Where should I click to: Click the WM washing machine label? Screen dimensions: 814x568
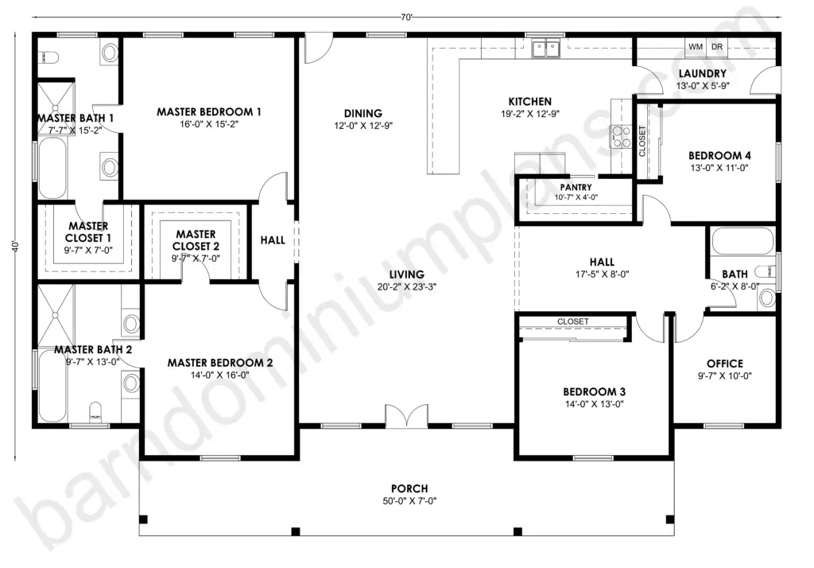pos(695,47)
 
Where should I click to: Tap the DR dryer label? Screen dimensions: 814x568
pos(717,47)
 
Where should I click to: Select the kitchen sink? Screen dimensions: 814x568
pos(545,49)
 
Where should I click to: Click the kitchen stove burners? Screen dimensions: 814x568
pos(620,136)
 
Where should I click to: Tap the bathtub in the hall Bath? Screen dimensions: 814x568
pos(742,241)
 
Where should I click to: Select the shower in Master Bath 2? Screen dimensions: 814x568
pos(56,315)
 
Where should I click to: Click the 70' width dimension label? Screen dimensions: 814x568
pos(406,18)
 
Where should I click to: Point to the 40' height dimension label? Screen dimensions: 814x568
pos(16,247)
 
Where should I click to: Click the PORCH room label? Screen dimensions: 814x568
pos(409,488)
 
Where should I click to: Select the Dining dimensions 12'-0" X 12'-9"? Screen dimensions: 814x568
pos(363,125)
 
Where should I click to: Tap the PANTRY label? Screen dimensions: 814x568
pos(576,187)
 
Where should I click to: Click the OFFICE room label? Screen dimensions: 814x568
pos(725,364)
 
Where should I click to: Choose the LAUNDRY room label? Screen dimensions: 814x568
pos(703,74)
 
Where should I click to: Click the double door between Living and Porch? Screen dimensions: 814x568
pos(406,416)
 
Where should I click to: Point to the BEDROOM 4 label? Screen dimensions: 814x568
pos(719,155)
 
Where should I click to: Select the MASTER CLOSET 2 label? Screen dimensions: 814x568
pos(196,240)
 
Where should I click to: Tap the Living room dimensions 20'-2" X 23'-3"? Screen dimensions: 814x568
pos(407,287)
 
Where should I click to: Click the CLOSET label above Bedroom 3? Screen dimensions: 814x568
pos(573,321)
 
